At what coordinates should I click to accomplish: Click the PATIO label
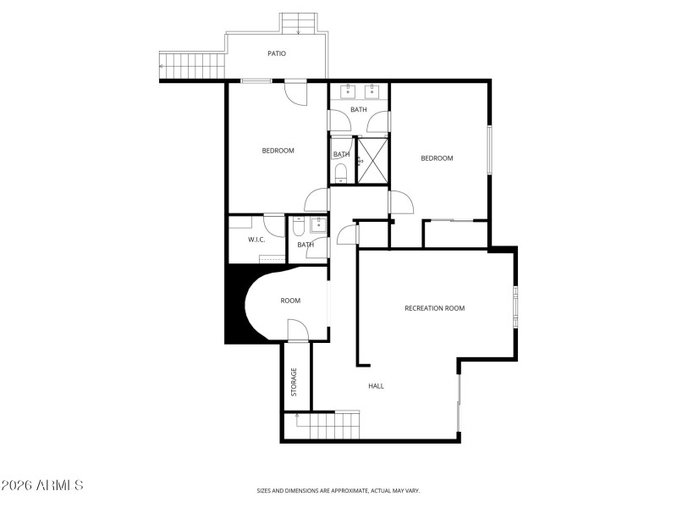pyautogui.click(x=277, y=53)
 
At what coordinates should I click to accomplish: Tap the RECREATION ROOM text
pyautogui.click(x=434, y=308)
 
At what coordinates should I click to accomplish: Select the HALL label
pyautogui.click(x=377, y=386)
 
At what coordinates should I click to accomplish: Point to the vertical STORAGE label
pyautogui.click(x=294, y=382)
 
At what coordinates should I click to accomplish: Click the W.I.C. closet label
pyautogui.click(x=256, y=240)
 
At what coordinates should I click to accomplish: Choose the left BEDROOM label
pyautogui.click(x=278, y=151)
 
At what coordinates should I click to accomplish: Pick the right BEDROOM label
pyautogui.click(x=437, y=158)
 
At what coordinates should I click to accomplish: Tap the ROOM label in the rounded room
pyautogui.click(x=290, y=301)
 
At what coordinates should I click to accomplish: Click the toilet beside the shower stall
pyautogui.click(x=340, y=174)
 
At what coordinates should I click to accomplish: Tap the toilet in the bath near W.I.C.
pyautogui.click(x=299, y=228)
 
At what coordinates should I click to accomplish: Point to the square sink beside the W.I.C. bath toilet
pyautogui.click(x=318, y=224)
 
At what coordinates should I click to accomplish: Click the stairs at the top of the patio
pyautogui.click(x=299, y=24)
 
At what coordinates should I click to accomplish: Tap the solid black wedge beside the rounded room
pyautogui.click(x=235, y=305)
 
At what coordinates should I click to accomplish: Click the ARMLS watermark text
pyautogui.click(x=42, y=485)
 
